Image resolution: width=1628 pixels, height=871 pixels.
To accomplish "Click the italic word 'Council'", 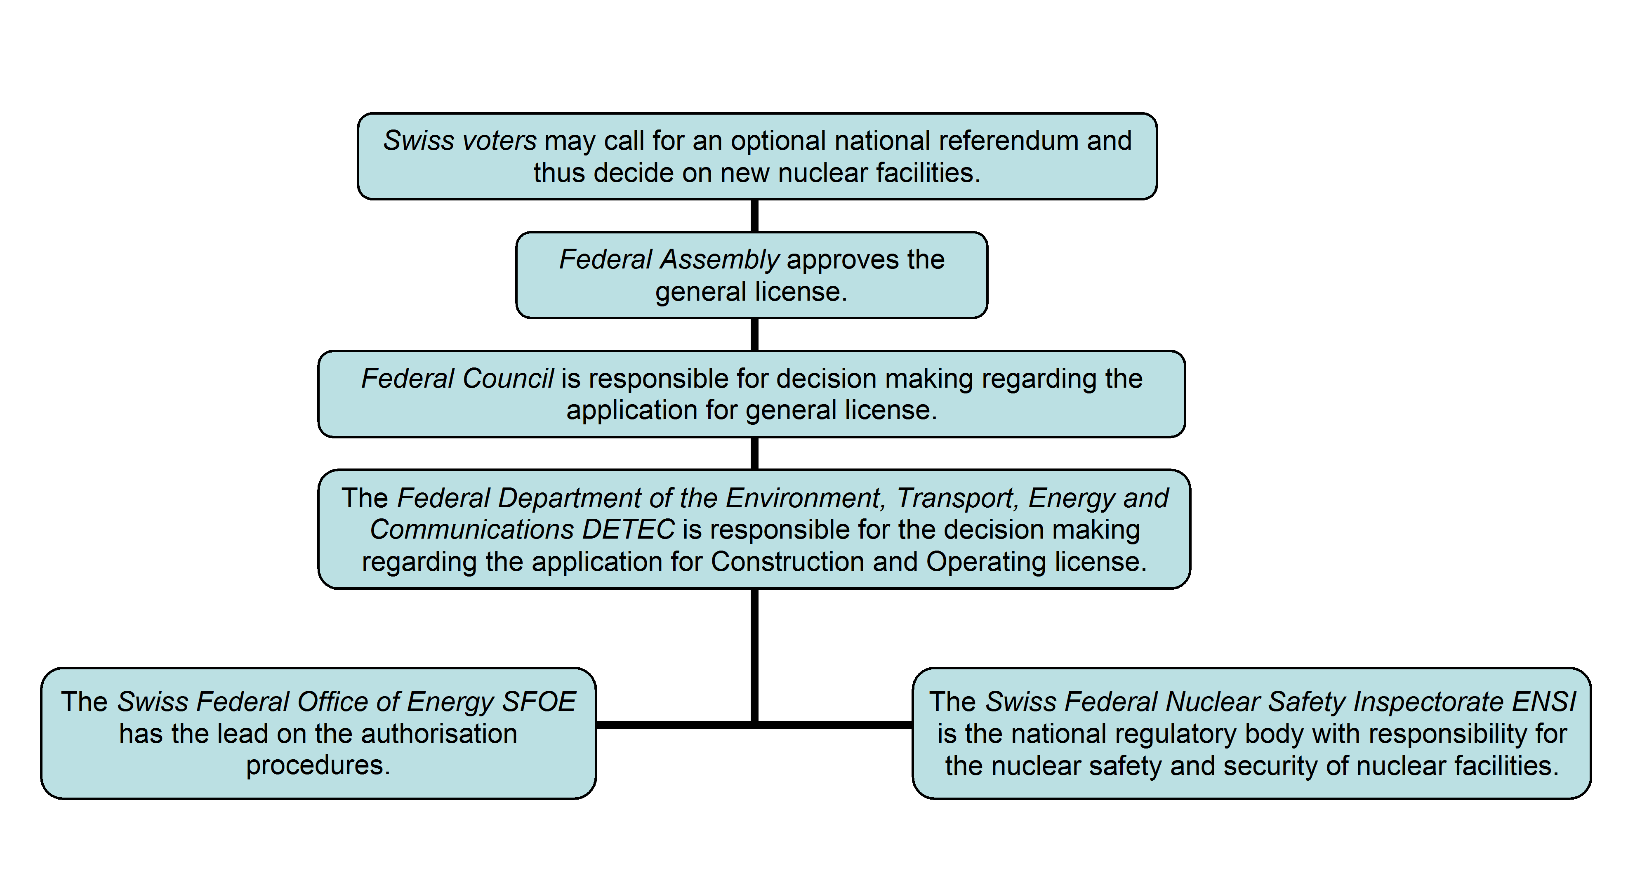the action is tap(508, 379).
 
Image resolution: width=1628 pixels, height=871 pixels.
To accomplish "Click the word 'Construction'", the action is tap(787, 561).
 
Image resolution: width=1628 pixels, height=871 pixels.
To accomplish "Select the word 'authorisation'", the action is tap(439, 734).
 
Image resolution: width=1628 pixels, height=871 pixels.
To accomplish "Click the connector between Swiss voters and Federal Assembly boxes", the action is tap(754, 216).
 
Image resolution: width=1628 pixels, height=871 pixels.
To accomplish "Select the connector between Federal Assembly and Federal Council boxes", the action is tap(754, 334).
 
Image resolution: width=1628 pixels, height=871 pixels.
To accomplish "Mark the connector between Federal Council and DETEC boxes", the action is tap(754, 453).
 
